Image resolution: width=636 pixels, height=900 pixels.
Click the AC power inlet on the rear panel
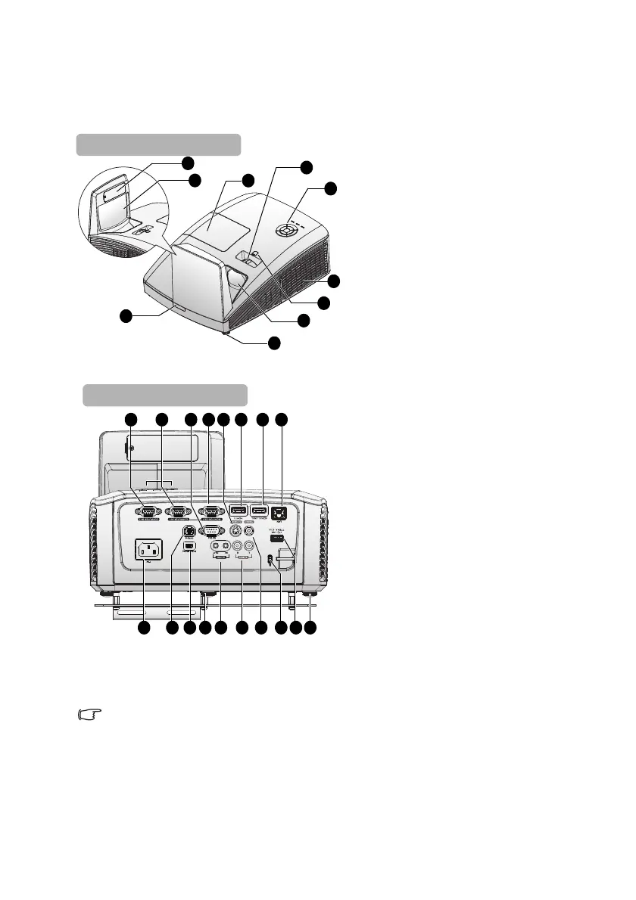(x=149, y=550)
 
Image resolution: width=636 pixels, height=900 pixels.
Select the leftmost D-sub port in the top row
(x=145, y=511)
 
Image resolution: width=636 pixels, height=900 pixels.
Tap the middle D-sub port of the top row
(x=179, y=511)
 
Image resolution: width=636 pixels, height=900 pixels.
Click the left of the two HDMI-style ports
(x=240, y=511)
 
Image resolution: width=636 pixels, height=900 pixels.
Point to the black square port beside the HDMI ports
(x=282, y=512)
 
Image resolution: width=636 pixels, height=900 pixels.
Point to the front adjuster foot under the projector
(x=226, y=331)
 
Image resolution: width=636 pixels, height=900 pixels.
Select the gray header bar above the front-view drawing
(x=158, y=144)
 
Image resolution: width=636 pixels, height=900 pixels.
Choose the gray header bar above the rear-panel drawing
(x=165, y=395)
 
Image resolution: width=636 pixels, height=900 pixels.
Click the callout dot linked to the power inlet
(x=144, y=628)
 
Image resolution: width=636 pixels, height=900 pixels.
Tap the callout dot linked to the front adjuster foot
(x=274, y=343)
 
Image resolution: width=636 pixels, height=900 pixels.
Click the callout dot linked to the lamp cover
(x=247, y=180)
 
